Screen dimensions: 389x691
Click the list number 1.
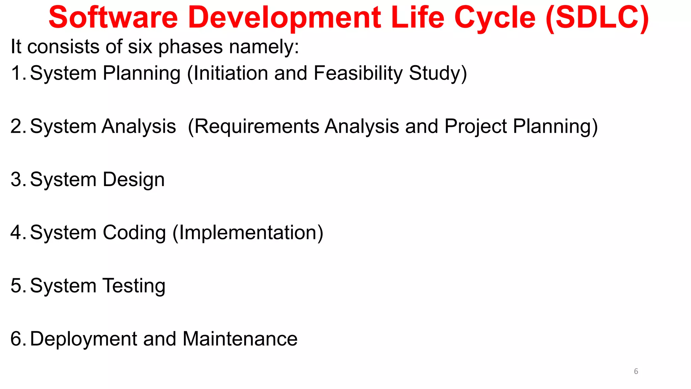click(x=17, y=73)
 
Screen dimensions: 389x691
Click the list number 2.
click(x=17, y=126)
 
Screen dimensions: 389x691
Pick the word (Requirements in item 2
click(x=253, y=126)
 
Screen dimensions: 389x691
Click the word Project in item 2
click(x=475, y=126)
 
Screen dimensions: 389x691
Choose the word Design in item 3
click(x=134, y=180)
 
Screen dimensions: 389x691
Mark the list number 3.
click(x=17, y=180)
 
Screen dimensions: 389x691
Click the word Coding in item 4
click(x=134, y=233)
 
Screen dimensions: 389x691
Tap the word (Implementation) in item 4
click(x=248, y=233)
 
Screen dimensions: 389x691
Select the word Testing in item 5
click(x=134, y=286)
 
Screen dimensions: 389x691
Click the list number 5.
click(x=17, y=286)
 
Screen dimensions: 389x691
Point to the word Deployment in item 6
click(x=83, y=339)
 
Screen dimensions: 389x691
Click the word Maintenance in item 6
click(x=240, y=339)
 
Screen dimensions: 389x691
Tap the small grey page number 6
click(x=636, y=371)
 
